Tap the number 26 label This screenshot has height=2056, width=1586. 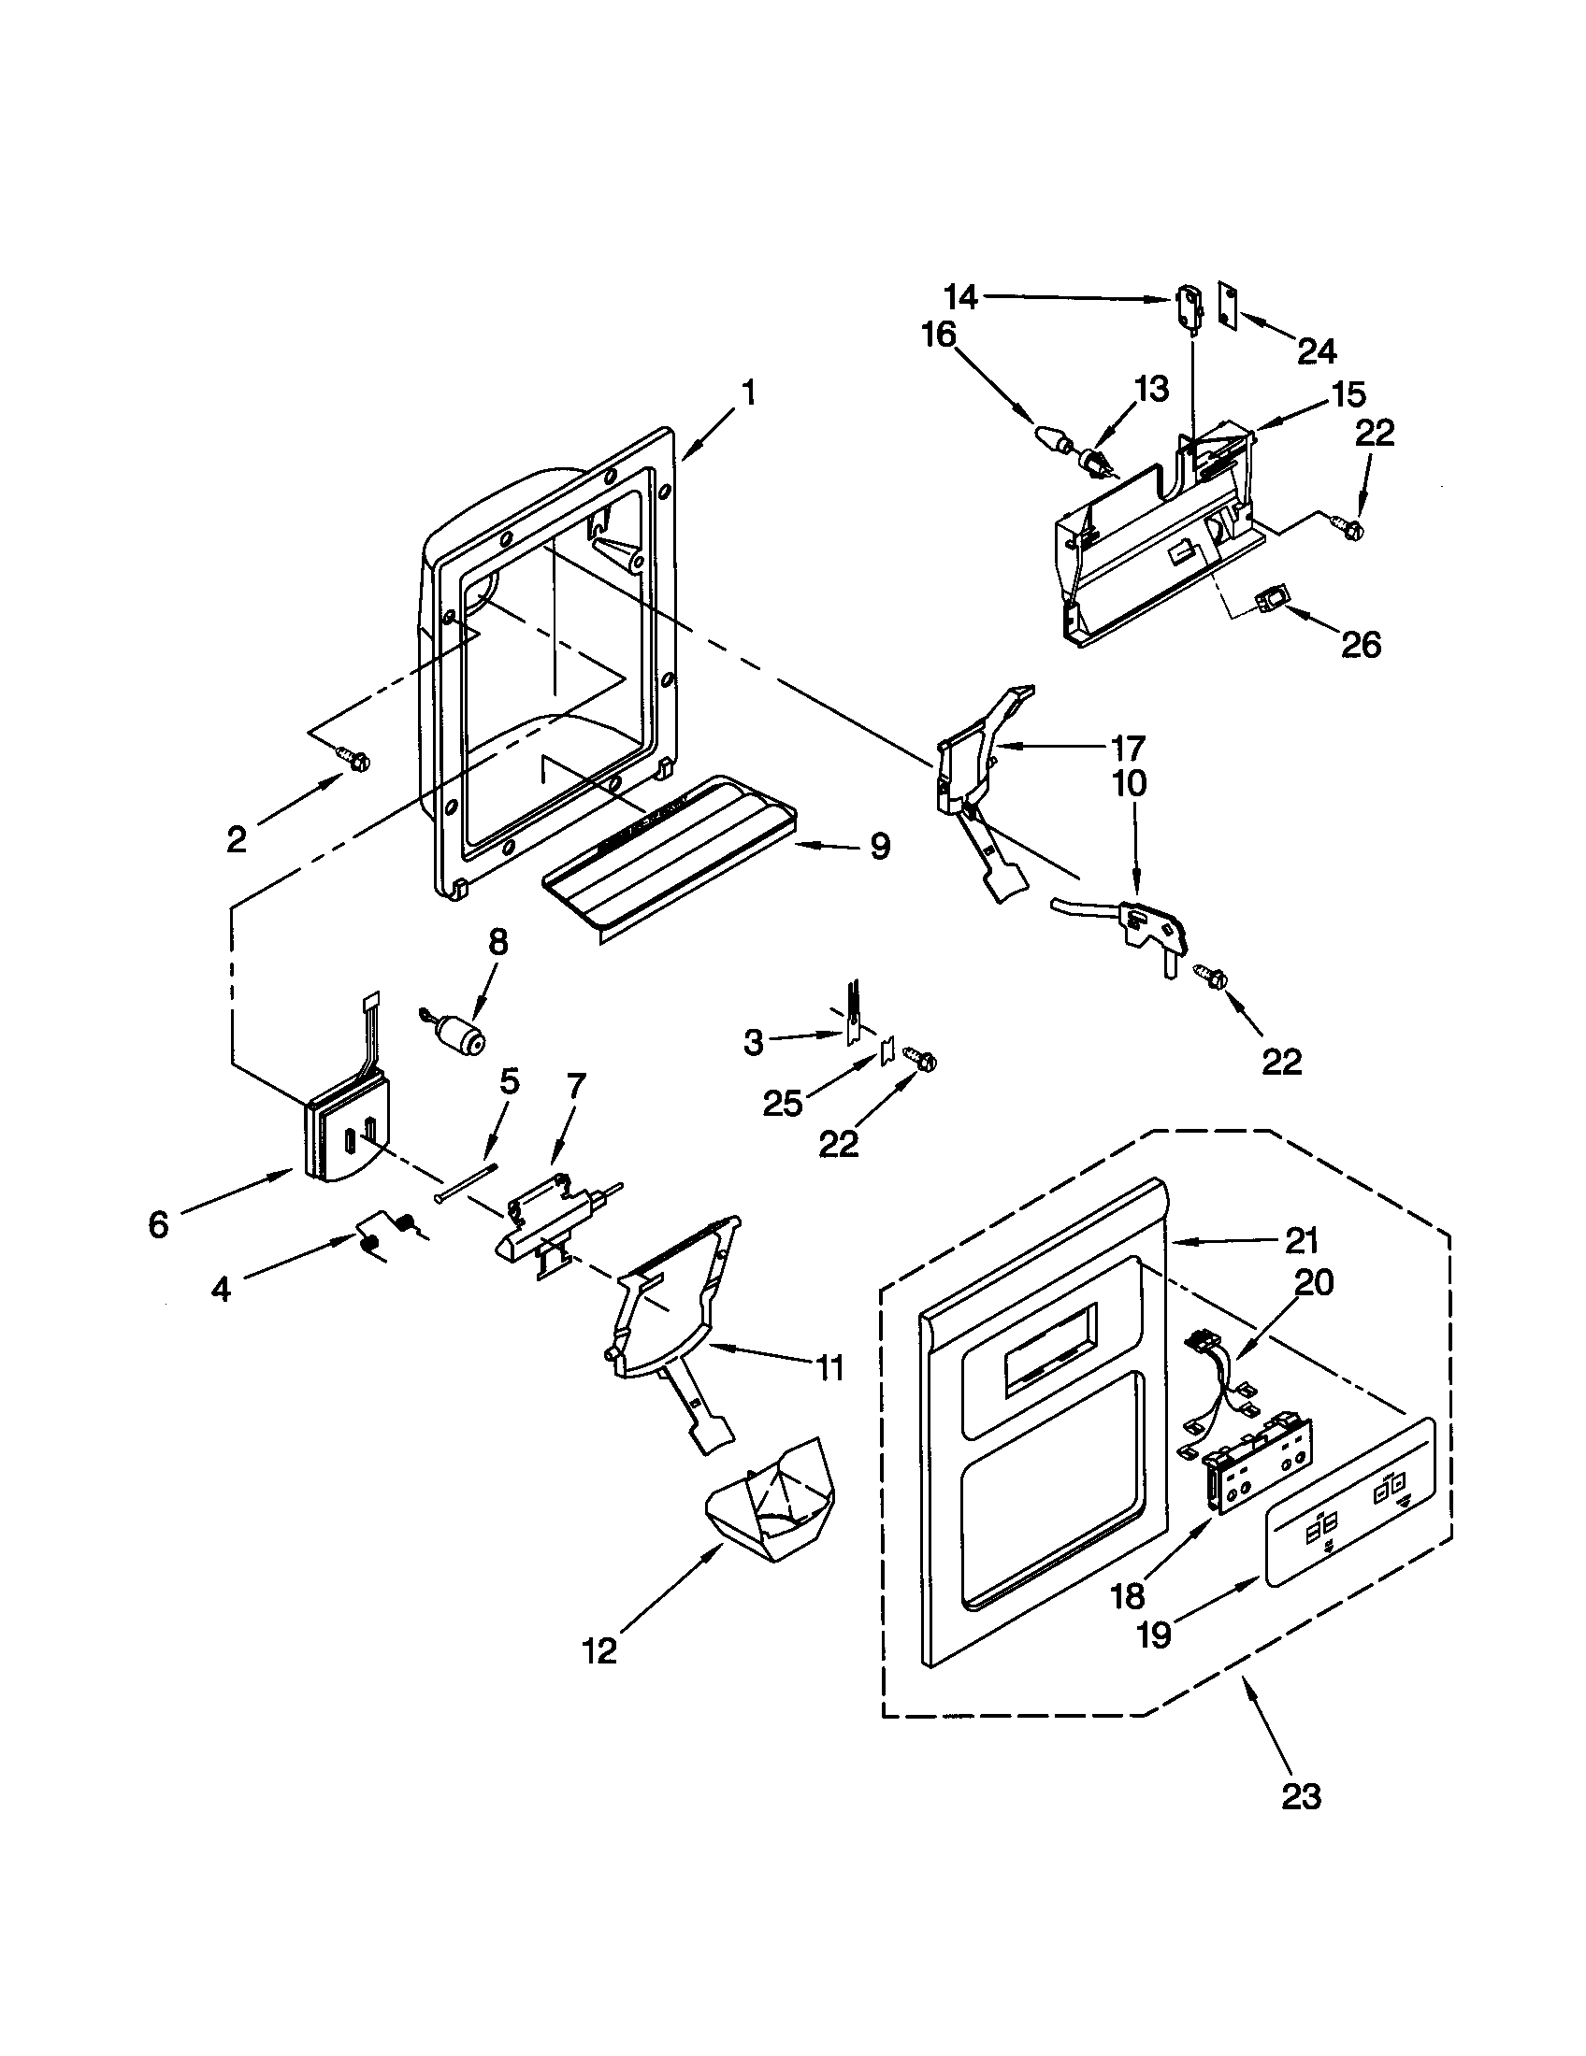tap(1361, 645)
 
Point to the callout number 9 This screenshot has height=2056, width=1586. tap(879, 847)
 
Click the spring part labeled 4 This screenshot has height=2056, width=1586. tap(386, 1235)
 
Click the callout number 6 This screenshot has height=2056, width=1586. tap(158, 1225)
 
